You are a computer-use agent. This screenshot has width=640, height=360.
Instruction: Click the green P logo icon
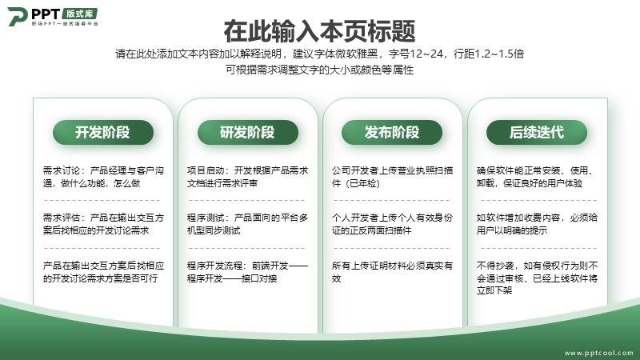coord(17,16)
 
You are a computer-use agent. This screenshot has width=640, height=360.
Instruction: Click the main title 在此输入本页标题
coord(319,31)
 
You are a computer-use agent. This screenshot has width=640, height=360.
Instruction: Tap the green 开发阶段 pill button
coord(103,132)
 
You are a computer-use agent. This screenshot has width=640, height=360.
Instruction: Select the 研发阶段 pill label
coord(248,132)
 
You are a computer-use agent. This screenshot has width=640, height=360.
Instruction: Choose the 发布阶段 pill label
coord(392,132)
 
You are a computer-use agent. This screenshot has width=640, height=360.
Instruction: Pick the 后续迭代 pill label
coord(537,132)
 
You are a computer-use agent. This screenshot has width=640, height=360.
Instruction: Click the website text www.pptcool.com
coord(598,353)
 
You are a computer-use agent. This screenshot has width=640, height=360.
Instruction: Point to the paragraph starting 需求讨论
coord(103,177)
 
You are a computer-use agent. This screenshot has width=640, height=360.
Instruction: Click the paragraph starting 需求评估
coord(103,224)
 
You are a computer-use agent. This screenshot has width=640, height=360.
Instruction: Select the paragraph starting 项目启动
coord(247,177)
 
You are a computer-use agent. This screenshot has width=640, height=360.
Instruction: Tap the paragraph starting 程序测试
coord(247,224)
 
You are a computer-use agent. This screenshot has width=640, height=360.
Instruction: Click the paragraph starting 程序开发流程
coord(247,272)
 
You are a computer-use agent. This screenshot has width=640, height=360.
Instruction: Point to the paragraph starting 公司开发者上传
coord(392,177)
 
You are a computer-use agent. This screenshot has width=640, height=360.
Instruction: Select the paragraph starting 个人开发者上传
coord(392,224)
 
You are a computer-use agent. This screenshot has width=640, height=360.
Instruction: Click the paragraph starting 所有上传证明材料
coord(392,272)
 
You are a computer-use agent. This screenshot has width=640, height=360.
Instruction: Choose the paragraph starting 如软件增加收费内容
coord(537,224)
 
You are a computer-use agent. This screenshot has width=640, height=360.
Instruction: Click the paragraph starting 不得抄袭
coord(537,278)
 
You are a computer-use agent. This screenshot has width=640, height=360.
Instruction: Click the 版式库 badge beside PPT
coord(80,14)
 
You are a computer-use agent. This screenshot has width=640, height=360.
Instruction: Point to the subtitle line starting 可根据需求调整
coord(319,70)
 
